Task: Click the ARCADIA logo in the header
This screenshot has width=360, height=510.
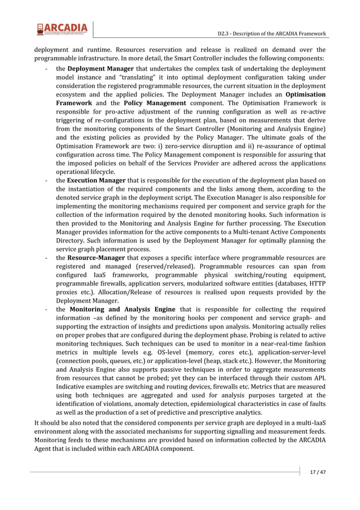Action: click(62, 29)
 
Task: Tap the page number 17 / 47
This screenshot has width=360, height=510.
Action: click(318, 472)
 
